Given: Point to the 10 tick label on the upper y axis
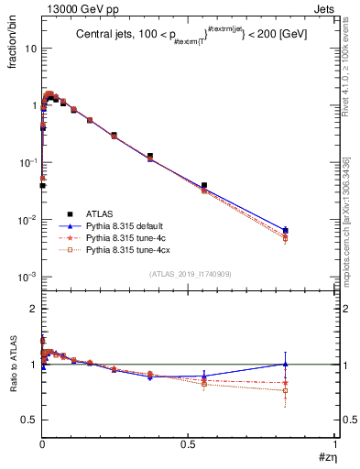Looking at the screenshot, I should click(28, 49).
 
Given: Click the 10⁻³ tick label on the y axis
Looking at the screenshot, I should click(27, 277).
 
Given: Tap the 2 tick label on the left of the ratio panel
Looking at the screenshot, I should click(32, 310).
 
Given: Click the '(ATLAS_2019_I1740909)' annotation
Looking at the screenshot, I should click(189, 274).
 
